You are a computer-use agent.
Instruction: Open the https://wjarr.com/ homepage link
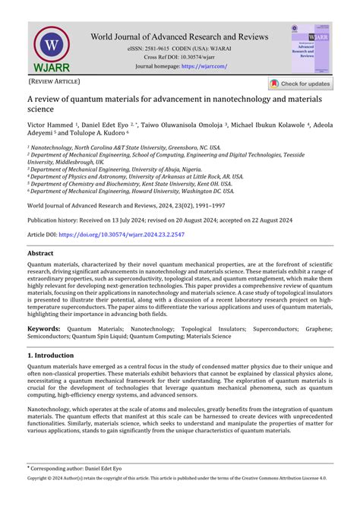point(204,67)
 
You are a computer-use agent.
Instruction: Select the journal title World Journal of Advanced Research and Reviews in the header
point(179,36)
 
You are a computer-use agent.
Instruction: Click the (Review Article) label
point(54,81)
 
